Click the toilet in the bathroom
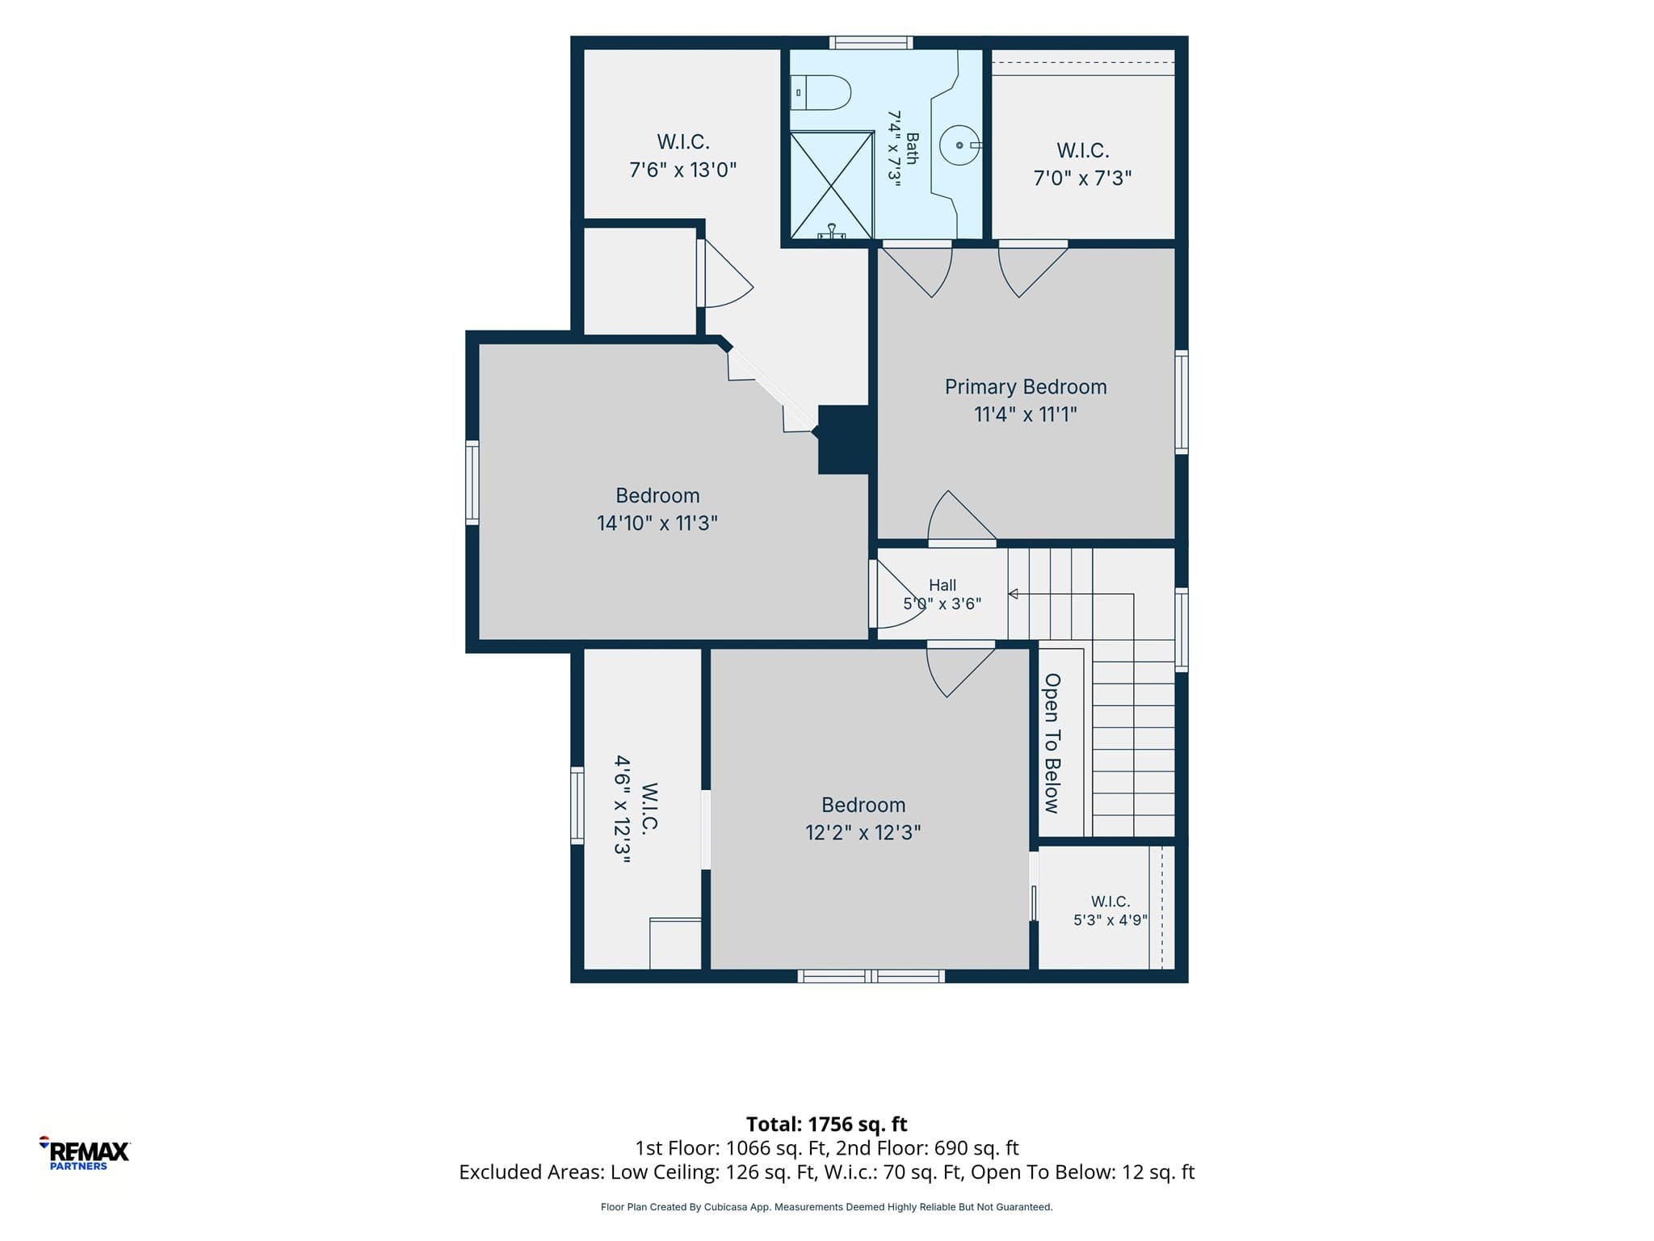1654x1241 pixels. [821, 93]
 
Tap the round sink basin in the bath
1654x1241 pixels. [959, 145]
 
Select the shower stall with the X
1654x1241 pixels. [832, 185]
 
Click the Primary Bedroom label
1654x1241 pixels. [1026, 387]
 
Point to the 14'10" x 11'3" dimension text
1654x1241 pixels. [657, 524]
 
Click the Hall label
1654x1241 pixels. [942, 585]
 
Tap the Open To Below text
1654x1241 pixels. [1052, 743]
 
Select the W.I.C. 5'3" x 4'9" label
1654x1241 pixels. [1110, 911]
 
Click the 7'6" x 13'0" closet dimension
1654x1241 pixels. [683, 170]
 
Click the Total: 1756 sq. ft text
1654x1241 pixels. [827, 1124]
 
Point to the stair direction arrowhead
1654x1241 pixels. [1013, 595]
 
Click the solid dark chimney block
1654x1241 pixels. [844, 440]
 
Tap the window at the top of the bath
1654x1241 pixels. [871, 43]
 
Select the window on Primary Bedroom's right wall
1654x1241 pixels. [1182, 402]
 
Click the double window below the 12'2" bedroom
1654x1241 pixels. [871, 976]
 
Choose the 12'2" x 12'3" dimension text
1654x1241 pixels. [863, 833]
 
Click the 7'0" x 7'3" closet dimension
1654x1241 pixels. [1083, 179]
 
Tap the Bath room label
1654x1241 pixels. [912, 149]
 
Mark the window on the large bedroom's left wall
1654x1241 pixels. [472, 483]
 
